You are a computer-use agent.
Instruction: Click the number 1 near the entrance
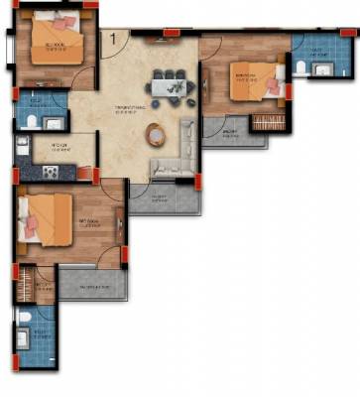point(114,39)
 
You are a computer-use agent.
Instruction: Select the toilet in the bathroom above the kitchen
point(31,121)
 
